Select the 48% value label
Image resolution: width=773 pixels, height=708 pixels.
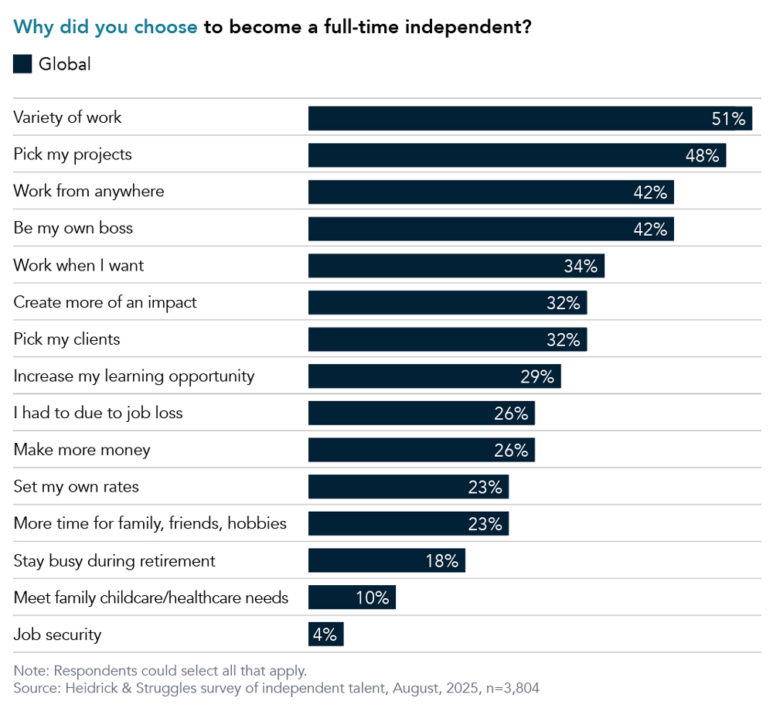(x=703, y=155)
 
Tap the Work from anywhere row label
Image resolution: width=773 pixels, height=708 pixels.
(x=89, y=191)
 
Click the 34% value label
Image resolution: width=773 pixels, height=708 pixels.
(x=581, y=267)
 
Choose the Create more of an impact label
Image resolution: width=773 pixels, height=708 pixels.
(x=105, y=302)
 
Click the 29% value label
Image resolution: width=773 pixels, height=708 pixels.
(x=537, y=377)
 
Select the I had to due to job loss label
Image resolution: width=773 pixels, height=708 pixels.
(x=98, y=413)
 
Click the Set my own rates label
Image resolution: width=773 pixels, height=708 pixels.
(x=77, y=487)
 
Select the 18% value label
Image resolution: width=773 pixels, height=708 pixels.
(x=441, y=561)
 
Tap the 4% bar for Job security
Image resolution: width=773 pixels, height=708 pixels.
(x=325, y=635)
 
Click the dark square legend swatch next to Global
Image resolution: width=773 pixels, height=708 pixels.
(x=22, y=64)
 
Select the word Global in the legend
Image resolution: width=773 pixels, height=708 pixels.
(x=65, y=64)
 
